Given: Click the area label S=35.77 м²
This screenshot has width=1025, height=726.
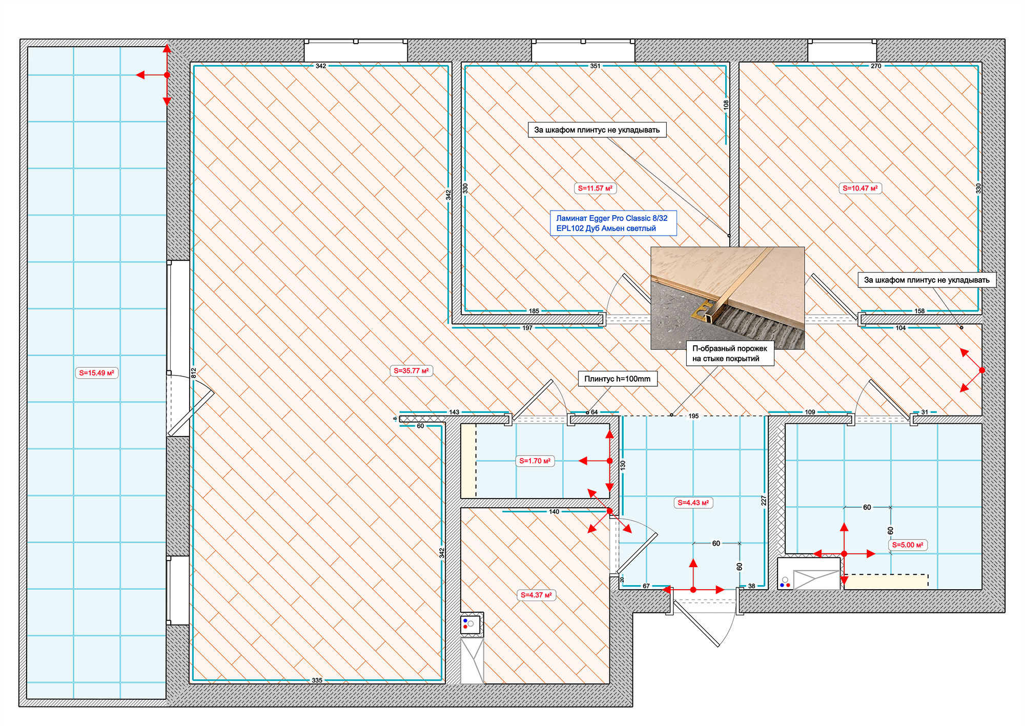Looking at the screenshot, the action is [x=412, y=370].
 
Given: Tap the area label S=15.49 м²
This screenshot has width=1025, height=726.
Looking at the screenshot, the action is [x=97, y=373].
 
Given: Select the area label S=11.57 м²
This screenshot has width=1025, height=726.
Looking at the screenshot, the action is [x=595, y=188].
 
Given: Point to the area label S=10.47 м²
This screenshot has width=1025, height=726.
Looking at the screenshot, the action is [x=860, y=188].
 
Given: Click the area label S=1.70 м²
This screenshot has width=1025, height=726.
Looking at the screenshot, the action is [x=535, y=461].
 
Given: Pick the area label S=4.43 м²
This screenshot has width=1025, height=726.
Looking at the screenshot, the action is [x=693, y=503].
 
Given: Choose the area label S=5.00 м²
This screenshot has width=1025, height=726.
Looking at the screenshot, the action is [x=908, y=545].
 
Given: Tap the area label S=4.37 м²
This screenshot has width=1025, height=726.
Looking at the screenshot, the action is [x=536, y=595].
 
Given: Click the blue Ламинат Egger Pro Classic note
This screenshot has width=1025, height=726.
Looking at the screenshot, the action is [x=613, y=223].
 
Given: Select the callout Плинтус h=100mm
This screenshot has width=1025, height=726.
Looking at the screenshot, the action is [x=618, y=379].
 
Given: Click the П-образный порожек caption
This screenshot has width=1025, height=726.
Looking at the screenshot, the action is [x=730, y=354].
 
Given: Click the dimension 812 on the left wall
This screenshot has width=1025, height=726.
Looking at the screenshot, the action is [x=194, y=372].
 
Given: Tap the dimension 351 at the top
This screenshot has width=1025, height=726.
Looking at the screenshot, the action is [x=595, y=66].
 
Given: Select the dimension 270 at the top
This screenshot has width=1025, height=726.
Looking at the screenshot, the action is [x=876, y=66].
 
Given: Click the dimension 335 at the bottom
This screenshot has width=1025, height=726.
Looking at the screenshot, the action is [x=317, y=680].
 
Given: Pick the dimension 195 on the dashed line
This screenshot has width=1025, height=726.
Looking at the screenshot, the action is [x=693, y=416].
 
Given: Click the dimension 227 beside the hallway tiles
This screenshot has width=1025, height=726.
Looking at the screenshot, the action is [x=764, y=500].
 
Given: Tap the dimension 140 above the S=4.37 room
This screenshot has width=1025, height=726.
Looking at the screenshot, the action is [x=554, y=511].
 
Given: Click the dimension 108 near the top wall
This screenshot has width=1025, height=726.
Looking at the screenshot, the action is [x=726, y=105].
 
